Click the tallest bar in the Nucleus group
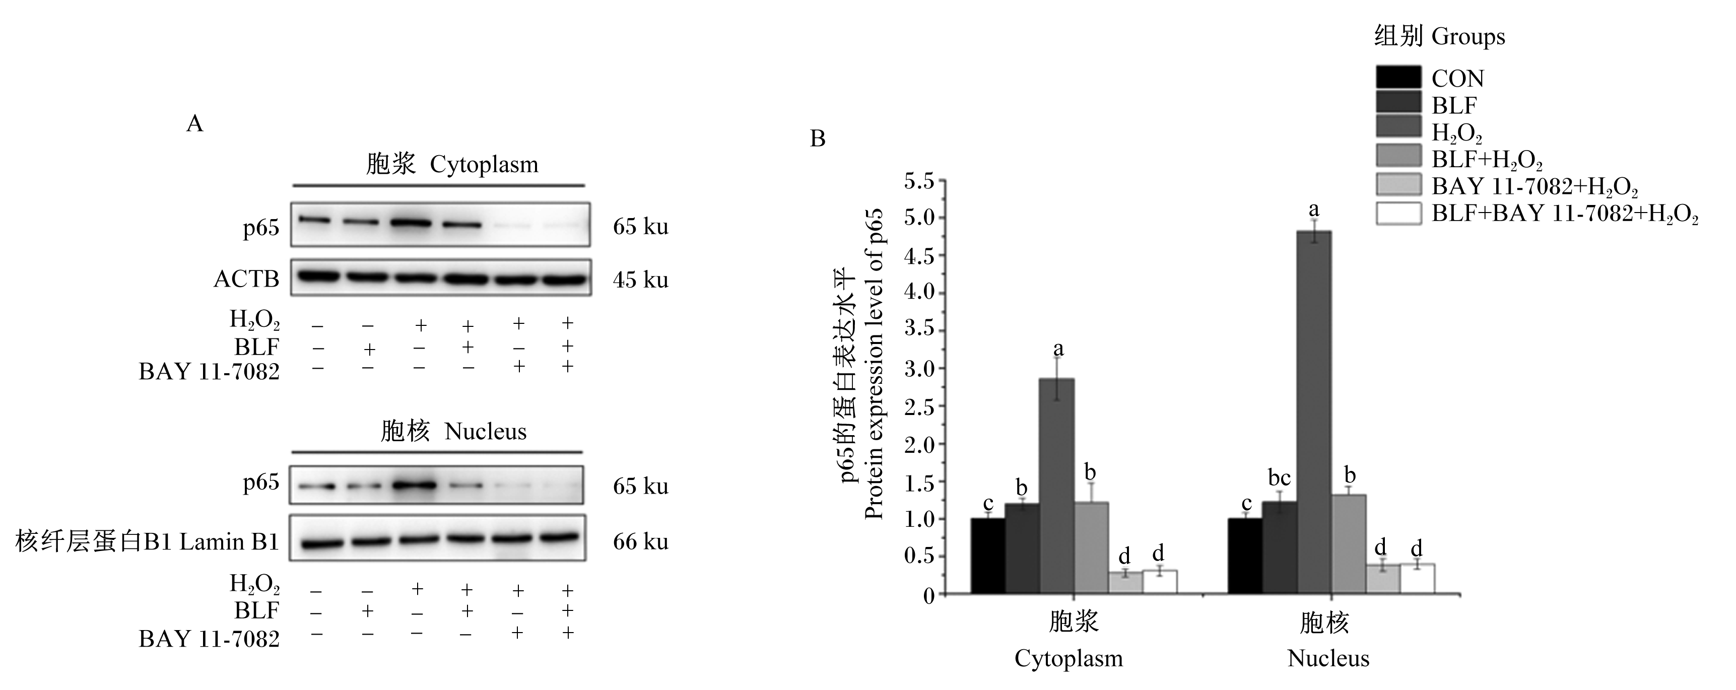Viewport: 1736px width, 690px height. pos(1314,412)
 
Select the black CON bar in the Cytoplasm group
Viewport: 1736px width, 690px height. pos(988,556)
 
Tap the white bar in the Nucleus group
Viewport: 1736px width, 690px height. pos(1417,579)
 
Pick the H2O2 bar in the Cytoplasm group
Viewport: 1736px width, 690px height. pos(1057,487)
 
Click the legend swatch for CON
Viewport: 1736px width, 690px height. pos(1398,78)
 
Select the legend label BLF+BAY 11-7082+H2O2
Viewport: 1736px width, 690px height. pos(1565,214)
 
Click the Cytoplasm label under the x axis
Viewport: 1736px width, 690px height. pos(1069,658)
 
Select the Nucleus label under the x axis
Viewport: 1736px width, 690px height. pos(1328,658)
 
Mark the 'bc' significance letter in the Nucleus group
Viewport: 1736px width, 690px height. pos(1279,478)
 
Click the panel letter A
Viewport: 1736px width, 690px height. pos(195,123)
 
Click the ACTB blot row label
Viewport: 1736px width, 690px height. pos(246,279)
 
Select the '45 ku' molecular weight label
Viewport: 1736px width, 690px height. pos(640,279)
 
